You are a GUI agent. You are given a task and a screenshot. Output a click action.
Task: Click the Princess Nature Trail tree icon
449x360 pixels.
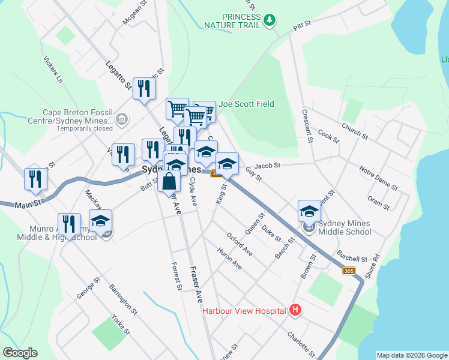tap(271, 20)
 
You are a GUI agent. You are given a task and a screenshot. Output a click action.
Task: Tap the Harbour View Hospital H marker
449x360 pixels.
tap(295, 310)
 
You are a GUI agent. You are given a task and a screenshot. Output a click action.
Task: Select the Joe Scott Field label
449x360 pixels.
tap(246, 104)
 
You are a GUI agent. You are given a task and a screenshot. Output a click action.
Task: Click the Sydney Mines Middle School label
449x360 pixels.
tap(345, 227)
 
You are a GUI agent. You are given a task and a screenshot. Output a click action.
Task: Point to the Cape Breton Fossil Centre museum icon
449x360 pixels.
tap(122, 120)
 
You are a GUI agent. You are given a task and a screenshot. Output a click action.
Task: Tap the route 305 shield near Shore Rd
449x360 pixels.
tap(349, 271)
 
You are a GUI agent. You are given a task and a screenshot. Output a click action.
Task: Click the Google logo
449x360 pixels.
tap(20, 353)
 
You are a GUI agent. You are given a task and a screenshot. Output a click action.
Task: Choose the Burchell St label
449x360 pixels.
tap(352, 256)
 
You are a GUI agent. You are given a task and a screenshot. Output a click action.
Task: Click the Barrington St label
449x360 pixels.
tap(124, 300)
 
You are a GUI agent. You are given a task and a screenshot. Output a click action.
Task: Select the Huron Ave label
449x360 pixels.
tap(229, 258)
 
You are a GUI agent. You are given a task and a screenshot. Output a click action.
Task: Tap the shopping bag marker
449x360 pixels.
tap(170, 181)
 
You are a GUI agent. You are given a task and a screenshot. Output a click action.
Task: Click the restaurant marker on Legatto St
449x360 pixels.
tap(143, 89)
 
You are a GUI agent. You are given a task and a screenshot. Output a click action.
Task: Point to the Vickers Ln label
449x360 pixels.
tap(53, 70)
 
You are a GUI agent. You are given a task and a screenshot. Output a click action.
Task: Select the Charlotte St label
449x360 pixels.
tap(301, 343)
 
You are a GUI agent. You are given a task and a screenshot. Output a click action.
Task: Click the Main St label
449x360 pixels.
tap(28, 203)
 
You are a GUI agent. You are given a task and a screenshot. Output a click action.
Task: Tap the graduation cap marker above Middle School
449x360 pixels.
tap(309, 211)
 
